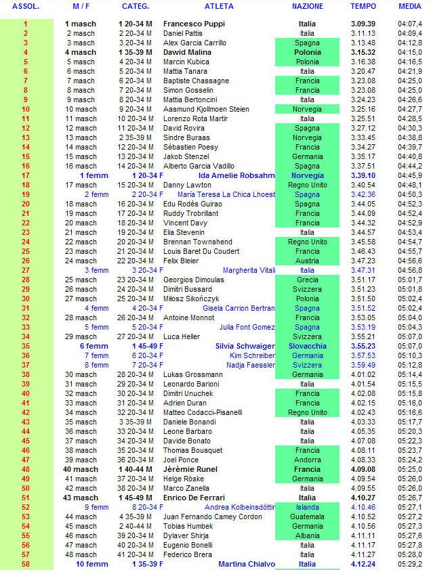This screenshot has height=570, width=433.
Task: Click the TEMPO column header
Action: [363, 6]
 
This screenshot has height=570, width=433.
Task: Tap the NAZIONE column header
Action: [307, 6]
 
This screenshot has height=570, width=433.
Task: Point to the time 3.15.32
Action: [363, 52]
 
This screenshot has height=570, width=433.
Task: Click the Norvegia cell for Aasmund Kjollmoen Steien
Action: [307, 109]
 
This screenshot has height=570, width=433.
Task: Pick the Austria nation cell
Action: [307, 261]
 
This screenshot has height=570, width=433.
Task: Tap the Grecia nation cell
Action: [307, 280]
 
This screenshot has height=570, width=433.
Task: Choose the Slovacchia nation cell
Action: [307, 346]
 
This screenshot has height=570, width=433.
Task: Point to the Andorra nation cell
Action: [307, 460]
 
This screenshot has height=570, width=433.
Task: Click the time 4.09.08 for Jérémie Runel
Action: [363, 469]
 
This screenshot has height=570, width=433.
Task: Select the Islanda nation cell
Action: [307, 507]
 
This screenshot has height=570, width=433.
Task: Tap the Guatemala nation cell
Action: [307, 517]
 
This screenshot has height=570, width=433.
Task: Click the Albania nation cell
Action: [307, 535]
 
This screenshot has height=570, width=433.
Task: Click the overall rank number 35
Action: [26, 346]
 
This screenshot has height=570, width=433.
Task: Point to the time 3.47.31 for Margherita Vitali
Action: [363, 270]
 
